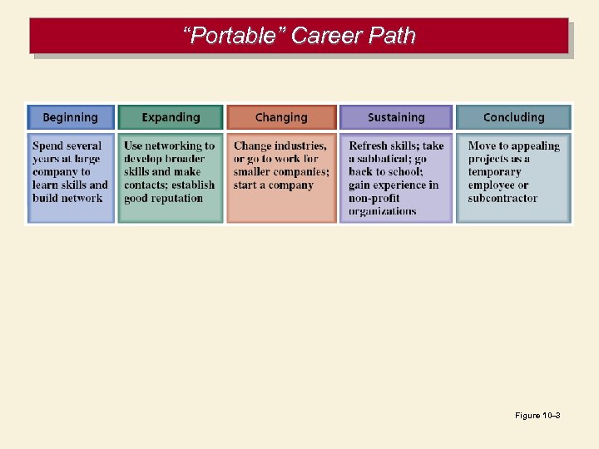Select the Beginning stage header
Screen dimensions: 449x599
(70, 117)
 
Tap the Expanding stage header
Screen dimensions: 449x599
(171, 117)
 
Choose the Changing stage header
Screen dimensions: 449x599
(281, 117)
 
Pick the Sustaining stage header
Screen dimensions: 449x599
(396, 117)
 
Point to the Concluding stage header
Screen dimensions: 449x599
(513, 117)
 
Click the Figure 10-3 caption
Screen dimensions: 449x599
(537, 415)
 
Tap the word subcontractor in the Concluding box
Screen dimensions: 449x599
(502, 198)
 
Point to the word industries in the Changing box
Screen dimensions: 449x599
(298, 146)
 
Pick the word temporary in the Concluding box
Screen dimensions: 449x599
(494, 171)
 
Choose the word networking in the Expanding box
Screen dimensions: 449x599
(173, 146)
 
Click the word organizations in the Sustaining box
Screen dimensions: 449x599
(383, 211)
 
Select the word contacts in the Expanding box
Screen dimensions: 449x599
(146, 185)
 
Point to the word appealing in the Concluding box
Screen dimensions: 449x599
(530, 146)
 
